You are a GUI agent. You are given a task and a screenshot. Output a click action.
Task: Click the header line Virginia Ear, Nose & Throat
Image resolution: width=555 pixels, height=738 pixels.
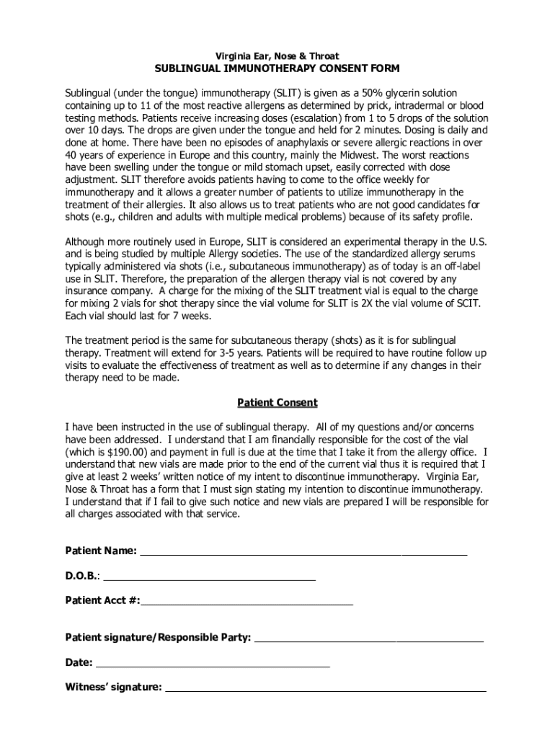[277, 56]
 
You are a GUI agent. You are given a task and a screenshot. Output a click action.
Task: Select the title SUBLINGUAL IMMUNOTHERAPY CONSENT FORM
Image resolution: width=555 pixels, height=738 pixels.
[277, 69]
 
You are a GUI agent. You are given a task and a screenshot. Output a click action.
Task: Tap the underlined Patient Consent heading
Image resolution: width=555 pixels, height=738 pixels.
[277, 403]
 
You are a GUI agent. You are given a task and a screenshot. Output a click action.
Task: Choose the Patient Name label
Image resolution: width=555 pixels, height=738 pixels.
[101, 551]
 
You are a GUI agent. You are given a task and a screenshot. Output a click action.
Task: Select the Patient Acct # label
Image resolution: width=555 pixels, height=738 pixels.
[102, 600]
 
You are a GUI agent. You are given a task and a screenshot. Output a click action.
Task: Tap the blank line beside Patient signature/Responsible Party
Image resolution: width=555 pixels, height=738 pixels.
[369, 638]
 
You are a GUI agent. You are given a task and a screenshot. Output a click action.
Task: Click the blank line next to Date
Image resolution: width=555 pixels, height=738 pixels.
[213, 662]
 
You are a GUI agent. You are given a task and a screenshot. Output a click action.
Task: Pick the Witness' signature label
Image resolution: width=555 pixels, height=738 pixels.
[113, 687]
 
